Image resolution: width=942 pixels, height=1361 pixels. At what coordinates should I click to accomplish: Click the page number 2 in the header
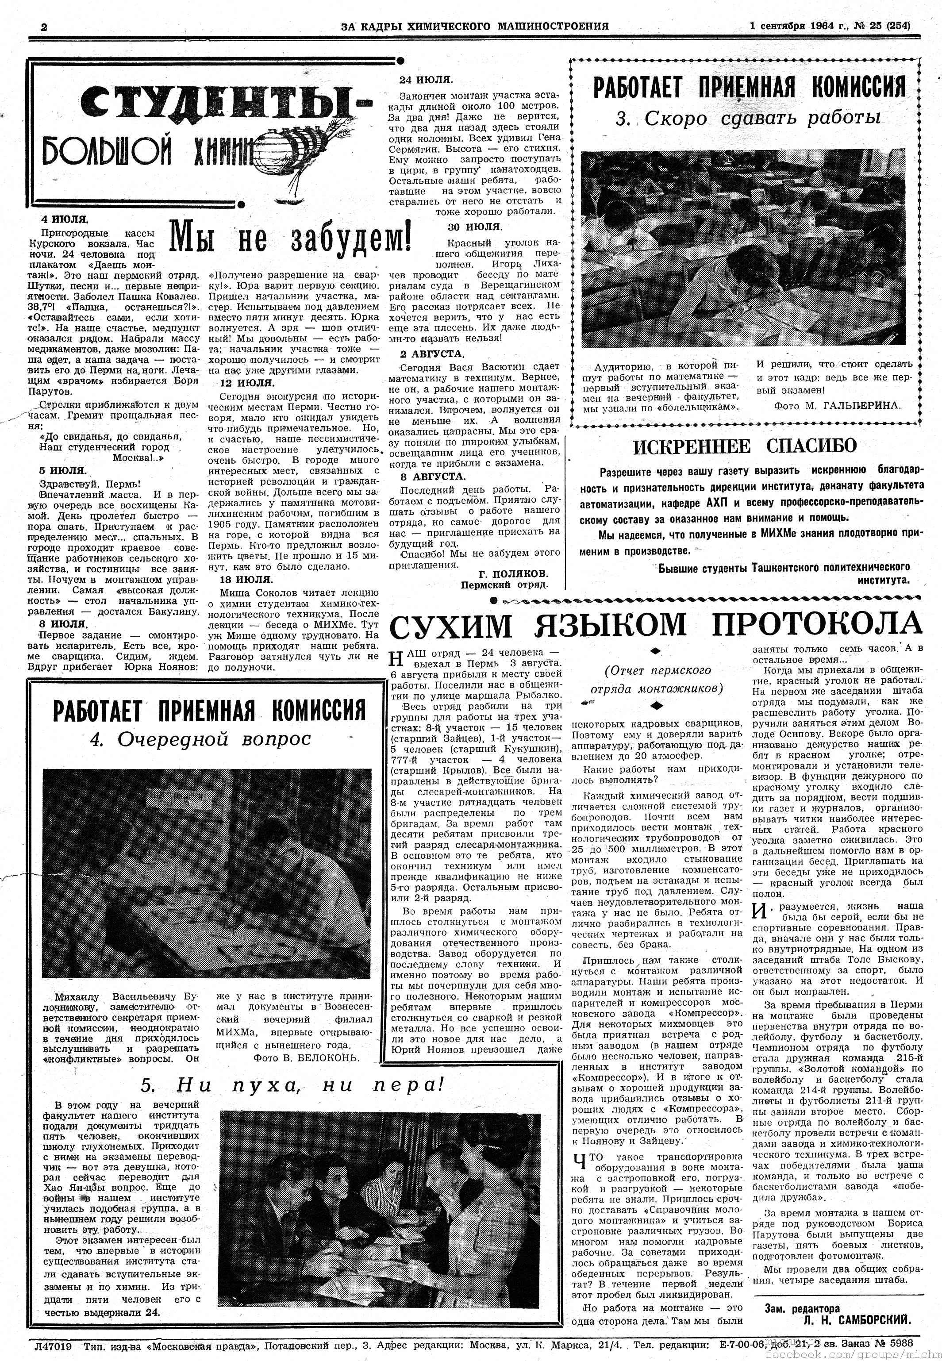[44, 27]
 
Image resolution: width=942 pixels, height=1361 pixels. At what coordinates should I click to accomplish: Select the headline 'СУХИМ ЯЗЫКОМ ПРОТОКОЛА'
[654, 625]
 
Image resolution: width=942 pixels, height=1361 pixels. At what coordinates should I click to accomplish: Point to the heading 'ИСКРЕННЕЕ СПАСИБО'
[744, 446]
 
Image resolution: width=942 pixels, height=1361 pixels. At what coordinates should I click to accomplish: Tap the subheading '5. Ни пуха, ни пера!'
[292, 1085]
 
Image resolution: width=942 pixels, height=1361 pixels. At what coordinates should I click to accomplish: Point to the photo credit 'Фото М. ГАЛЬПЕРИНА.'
[837, 405]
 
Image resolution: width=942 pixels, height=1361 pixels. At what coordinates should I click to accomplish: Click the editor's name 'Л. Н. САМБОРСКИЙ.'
[857, 1316]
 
